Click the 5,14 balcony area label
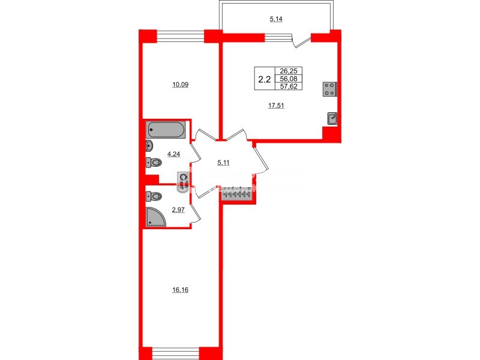(x=276, y=19)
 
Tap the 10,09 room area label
(x=181, y=84)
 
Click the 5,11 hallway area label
(x=223, y=161)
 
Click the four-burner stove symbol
(x=330, y=89)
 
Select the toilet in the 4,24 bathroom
(x=155, y=161)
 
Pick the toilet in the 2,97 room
(x=155, y=196)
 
